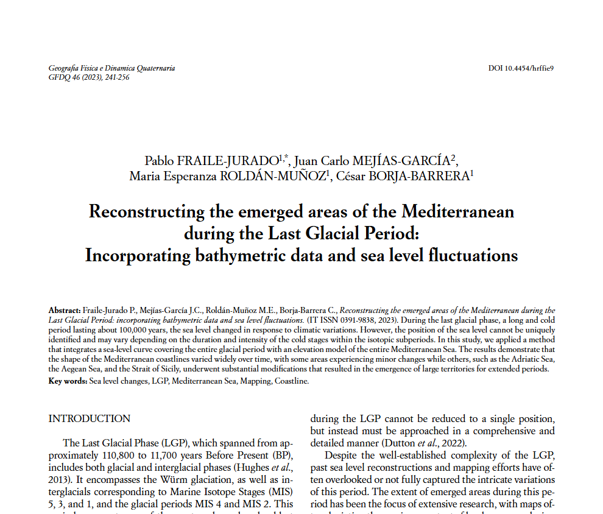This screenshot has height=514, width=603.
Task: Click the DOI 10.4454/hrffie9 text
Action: pos(520,68)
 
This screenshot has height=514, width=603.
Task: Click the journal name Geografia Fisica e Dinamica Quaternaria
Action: pos(111,68)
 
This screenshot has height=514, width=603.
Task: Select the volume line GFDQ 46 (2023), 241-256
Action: pos(88,77)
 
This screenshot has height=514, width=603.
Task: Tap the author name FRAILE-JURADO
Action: pos(228,161)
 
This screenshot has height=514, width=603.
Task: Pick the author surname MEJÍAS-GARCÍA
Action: pos(397,161)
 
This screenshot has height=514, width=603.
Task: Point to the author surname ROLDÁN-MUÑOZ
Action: pos(272,177)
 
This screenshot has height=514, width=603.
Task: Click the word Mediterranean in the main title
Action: pos(457,212)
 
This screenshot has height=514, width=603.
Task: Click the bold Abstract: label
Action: pos(64,311)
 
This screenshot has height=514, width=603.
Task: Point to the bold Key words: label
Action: pos(68,381)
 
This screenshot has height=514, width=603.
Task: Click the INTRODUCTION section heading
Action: pos(89,419)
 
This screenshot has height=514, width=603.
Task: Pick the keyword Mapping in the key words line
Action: pos(255,381)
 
